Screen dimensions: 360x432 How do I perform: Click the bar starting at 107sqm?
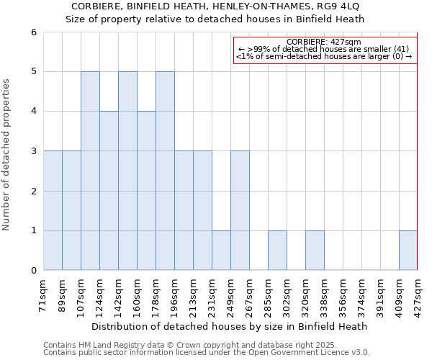pos(90,171)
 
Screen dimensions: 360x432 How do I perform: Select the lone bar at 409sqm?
pos(408,251)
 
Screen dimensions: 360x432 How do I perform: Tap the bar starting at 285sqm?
pos(277,251)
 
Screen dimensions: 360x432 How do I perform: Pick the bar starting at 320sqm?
pos(315,251)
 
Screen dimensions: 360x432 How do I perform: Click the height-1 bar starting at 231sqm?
pos(221,251)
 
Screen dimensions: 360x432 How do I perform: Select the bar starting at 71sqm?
pos(53,210)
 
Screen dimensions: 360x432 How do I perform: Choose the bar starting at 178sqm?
pos(165,171)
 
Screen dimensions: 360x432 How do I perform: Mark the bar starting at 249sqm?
pos(240,210)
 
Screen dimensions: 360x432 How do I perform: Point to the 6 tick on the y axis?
pos(33,32)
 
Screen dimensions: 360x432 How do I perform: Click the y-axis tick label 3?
pos(33,151)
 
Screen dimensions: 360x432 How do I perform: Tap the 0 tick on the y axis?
pos(33,271)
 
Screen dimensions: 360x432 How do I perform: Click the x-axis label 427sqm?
pos(418,294)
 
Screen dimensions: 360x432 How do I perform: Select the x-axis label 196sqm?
pos(174,294)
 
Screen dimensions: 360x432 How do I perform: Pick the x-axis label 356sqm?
pos(343,294)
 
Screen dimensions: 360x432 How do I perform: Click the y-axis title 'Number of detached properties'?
pos(6,155)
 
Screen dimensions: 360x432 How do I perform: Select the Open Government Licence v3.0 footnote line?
pos(207,353)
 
